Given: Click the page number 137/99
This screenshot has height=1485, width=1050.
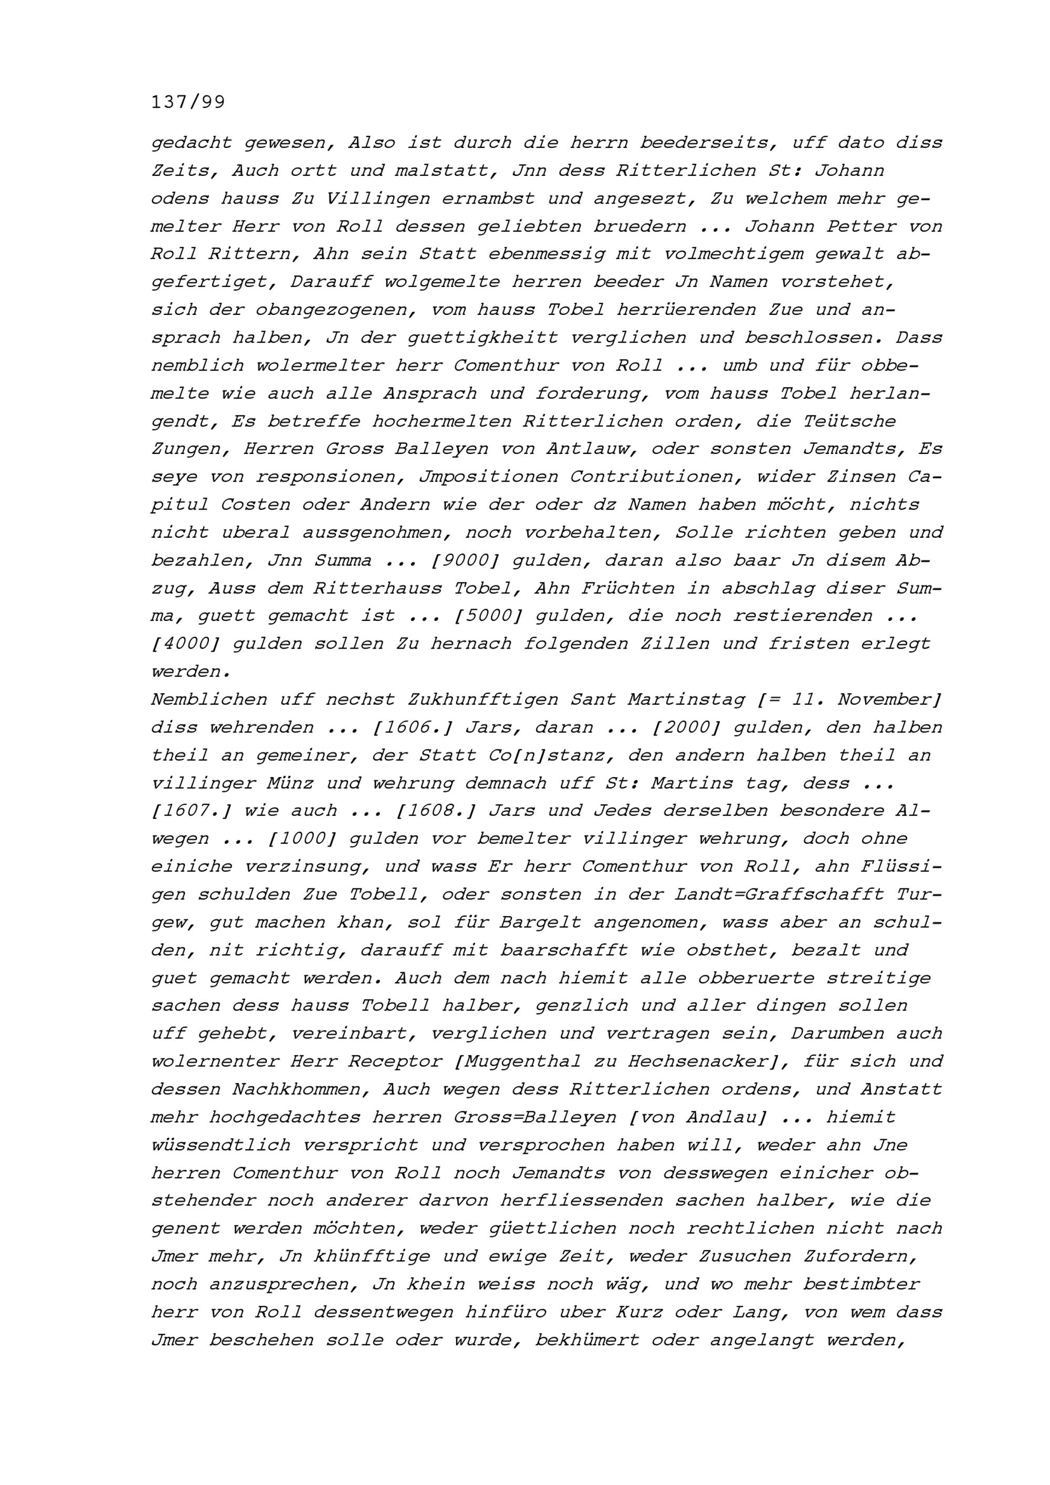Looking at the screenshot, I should coord(187,102).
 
